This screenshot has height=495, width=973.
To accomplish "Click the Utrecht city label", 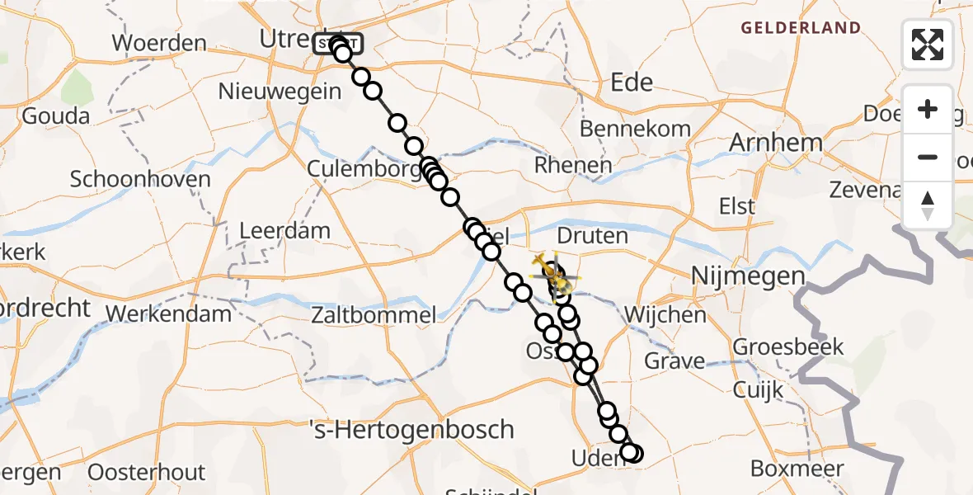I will pyautogui.click(x=285, y=38).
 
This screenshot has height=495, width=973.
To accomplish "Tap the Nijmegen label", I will pyautogui.click(x=747, y=276).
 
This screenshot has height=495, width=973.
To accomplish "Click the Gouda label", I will pyautogui.click(x=55, y=115).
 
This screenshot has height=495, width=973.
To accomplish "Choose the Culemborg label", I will pyautogui.click(x=353, y=170).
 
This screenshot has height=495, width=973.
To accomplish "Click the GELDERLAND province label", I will pyautogui.click(x=801, y=28).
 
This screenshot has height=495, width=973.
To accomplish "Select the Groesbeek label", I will pyautogui.click(x=788, y=346).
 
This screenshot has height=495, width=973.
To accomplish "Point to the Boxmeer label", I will pyautogui.click(x=797, y=469).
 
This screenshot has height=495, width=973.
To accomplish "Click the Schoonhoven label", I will pyautogui.click(x=140, y=179).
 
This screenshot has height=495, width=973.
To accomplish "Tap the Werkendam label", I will pyautogui.click(x=169, y=314).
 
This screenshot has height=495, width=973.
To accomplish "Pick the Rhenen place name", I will pyautogui.click(x=573, y=165).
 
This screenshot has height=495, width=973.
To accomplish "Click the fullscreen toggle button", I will pyautogui.click(x=928, y=44).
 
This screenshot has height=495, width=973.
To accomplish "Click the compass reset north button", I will pyautogui.click(x=928, y=205).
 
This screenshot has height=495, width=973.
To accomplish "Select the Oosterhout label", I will pyautogui.click(x=146, y=473).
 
